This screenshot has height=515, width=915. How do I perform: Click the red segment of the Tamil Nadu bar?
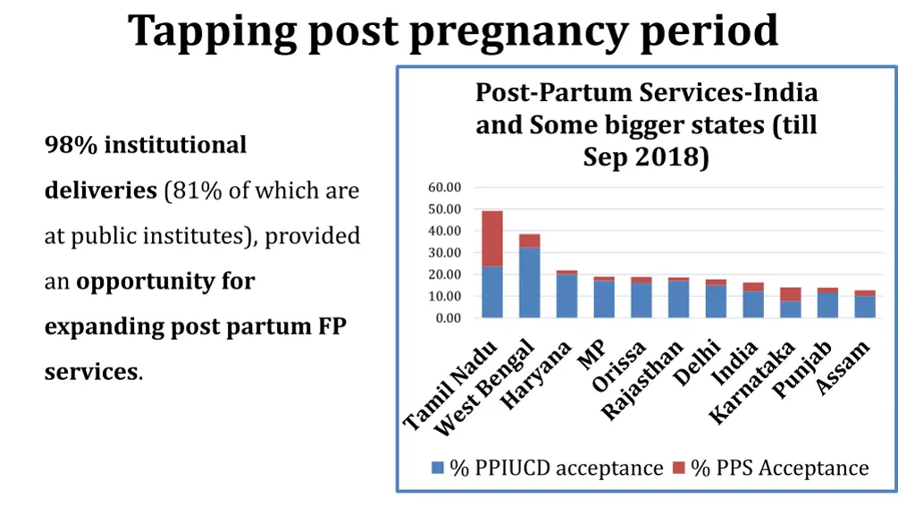pos(492,239)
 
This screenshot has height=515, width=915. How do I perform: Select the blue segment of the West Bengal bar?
pos(530,283)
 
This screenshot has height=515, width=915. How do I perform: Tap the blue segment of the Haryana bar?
pos(567,296)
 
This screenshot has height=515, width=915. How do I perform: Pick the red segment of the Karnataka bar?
pos(791,294)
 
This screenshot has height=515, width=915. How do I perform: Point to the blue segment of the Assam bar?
pos(865,307)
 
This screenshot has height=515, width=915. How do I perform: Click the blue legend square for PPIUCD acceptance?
pos(438,468)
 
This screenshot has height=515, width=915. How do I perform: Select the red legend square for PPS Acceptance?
pos(679,468)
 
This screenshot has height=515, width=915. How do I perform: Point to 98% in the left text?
pos(71,145)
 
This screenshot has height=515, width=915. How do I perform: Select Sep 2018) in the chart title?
pos(646,157)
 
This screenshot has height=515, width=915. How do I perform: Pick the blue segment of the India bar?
pos(753,304)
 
